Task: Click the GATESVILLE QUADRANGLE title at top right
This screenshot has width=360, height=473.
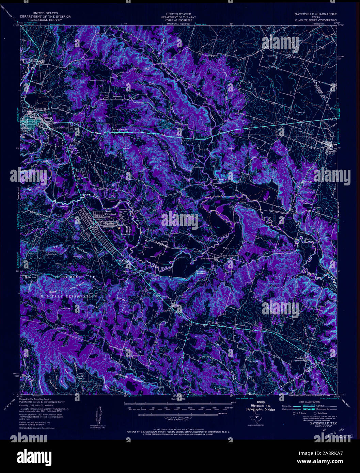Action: [315, 14]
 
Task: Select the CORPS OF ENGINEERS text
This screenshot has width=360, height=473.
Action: [176, 20]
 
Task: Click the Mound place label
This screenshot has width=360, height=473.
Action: [164, 242]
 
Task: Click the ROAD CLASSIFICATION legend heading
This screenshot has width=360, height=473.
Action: [304, 402]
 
